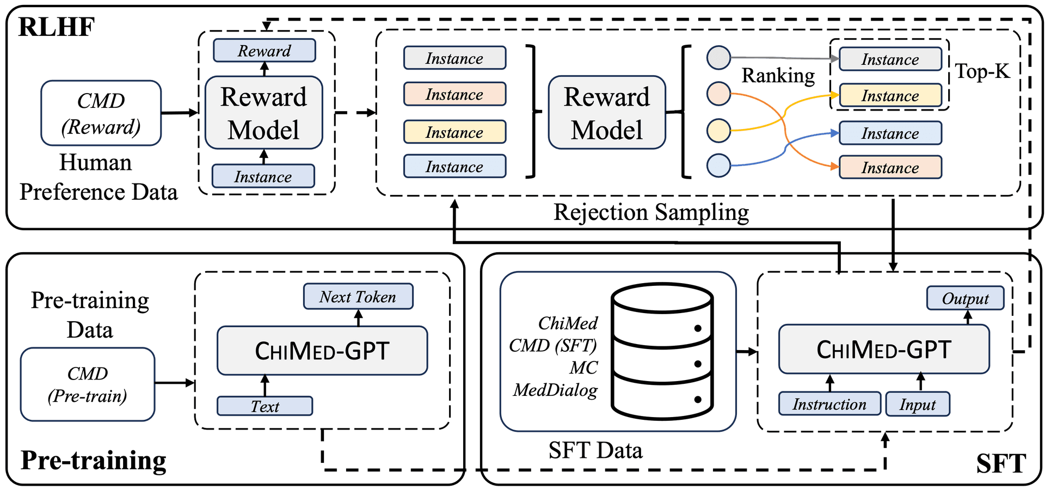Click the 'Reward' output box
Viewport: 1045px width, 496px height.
(x=264, y=51)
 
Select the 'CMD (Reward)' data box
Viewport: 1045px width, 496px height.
(x=101, y=113)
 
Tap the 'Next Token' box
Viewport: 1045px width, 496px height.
(x=358, y=297)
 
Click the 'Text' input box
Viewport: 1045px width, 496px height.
(x=265, y=406)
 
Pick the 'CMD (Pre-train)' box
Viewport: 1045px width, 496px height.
(x=88, y=384)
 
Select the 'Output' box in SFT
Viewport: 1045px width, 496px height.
(x=966, y=298)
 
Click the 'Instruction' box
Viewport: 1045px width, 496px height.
(x=829, y=404)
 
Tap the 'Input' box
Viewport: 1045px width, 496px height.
(x=918, y=404)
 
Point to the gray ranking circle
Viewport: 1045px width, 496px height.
(x=718, y=57)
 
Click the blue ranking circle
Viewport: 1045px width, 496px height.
(x=718, y=165)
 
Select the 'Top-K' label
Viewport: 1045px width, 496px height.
(x=982, y=71)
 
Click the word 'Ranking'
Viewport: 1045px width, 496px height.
(x=778, y=75)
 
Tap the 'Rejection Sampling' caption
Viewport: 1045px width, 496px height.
(x=651, y=212)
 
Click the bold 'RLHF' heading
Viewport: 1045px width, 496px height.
(x=57, y=27)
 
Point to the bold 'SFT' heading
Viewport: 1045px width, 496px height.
(x=1001, y=464)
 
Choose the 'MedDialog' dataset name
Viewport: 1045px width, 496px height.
(x=555, y=390)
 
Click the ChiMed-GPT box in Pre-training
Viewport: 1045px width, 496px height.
(x=322, y=351)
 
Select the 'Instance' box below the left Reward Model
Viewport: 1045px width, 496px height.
(x=263, y=176)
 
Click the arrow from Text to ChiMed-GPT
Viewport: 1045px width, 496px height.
(x=265, y=385)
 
